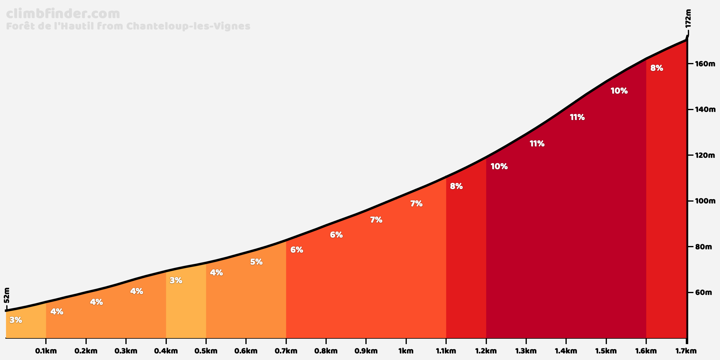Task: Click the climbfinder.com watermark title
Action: (x=63, y=14)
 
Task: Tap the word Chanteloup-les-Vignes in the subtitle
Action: (x=188, y=26)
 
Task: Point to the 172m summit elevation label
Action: (x=688, y=19)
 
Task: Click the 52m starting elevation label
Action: (x=7, y=295)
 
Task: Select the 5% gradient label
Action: (x=256, y=262)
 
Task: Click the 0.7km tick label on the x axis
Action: (x=286, y=351)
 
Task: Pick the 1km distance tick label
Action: (x=406, y=351)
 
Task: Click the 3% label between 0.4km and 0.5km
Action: (x=176, y=280)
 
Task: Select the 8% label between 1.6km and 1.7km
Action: (x=657, y=68)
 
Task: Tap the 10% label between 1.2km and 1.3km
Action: (x=499, y=166)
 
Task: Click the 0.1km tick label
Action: (x=46, y=351)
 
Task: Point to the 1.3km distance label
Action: (x=526, y=351)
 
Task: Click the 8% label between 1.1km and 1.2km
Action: (x=456, y=186)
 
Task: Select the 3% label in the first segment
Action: (x=16, y=320)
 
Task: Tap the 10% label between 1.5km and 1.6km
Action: (x=619, y=91)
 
